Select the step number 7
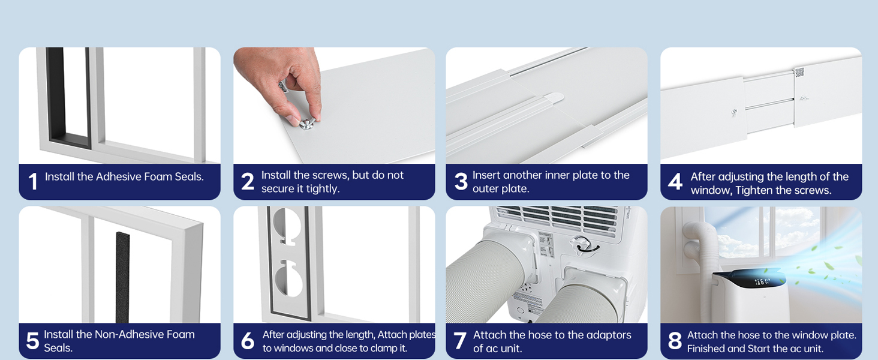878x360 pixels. [x=460, y=341]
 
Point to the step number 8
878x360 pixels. [x=675, y=341]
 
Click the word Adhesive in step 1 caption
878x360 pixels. [x=121, y=176]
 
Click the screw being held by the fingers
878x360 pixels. [x=306, y=124]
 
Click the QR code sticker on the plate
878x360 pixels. [x=799, y=73]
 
